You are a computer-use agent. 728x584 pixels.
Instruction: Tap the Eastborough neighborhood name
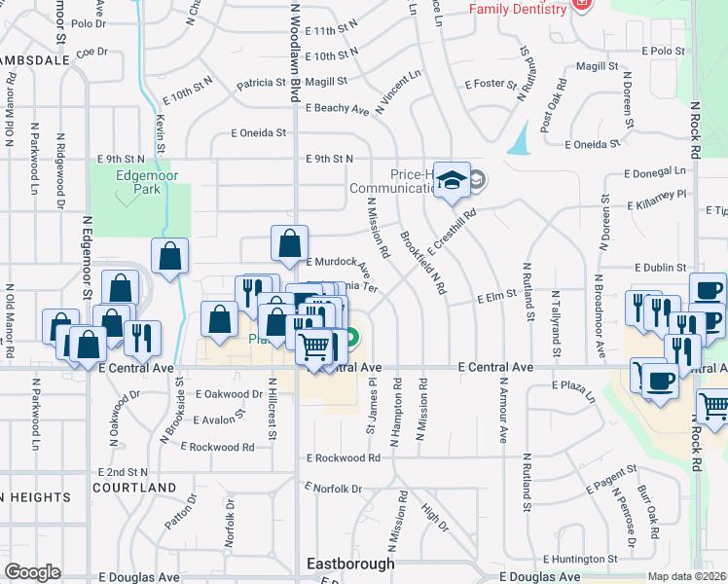click(x=350, y=564)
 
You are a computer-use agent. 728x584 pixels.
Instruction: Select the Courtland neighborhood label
click(x=135, y=488)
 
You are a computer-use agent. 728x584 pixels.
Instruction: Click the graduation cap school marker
click(x=452, y=181)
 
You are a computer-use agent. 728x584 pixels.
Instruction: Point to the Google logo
click(x=32, y=572)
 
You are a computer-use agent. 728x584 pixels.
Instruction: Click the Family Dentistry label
click(x=518, y=9)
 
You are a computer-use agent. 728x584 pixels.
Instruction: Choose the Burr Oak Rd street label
click(x=648, y=510)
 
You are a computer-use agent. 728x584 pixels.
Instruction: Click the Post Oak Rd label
click(x=551, y=121)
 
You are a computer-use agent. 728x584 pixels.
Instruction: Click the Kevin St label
click(x=160, y=128)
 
